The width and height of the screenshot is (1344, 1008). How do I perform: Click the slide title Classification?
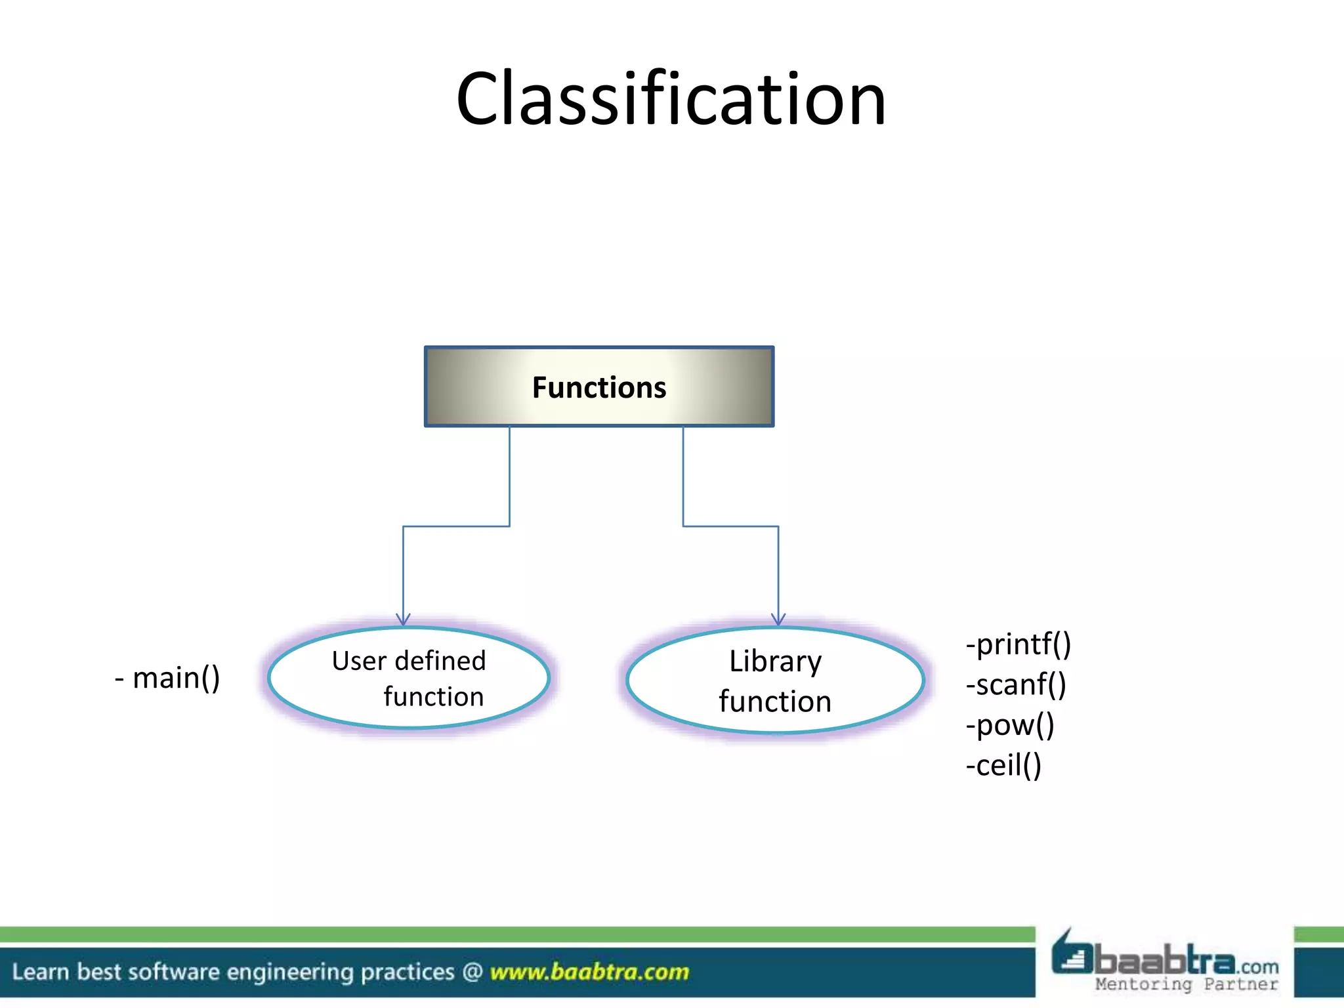click(x=671, y=100)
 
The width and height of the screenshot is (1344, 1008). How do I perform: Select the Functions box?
click(x=599, y=387)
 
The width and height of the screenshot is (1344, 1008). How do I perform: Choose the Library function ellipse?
click(x=775, y=681)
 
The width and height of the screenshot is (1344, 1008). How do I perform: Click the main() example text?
click(x=168, y=678)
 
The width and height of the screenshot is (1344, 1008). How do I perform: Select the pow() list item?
click(x=1011, y=725)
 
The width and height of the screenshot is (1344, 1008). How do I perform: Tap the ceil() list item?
click(x=1004, y=766)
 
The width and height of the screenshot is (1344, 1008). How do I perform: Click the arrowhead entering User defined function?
click(x=403, y=619)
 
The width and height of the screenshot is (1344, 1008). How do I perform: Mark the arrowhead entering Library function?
click(x=778, y=619)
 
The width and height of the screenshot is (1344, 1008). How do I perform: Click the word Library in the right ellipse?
click(x=775, y=661)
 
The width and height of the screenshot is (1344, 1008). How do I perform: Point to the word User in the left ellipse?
click(x=358, y=661)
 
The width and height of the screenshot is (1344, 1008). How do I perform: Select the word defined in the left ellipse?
click(x=440, y=661)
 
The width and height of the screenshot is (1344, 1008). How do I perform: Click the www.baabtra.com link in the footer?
click(x=589, y=972)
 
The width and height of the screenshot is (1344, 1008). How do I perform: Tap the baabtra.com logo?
click(x=1165, y=959)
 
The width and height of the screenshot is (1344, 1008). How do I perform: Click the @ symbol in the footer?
click(x=472, y=972)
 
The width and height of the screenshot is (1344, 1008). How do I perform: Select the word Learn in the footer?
click(x=40, y=972)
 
